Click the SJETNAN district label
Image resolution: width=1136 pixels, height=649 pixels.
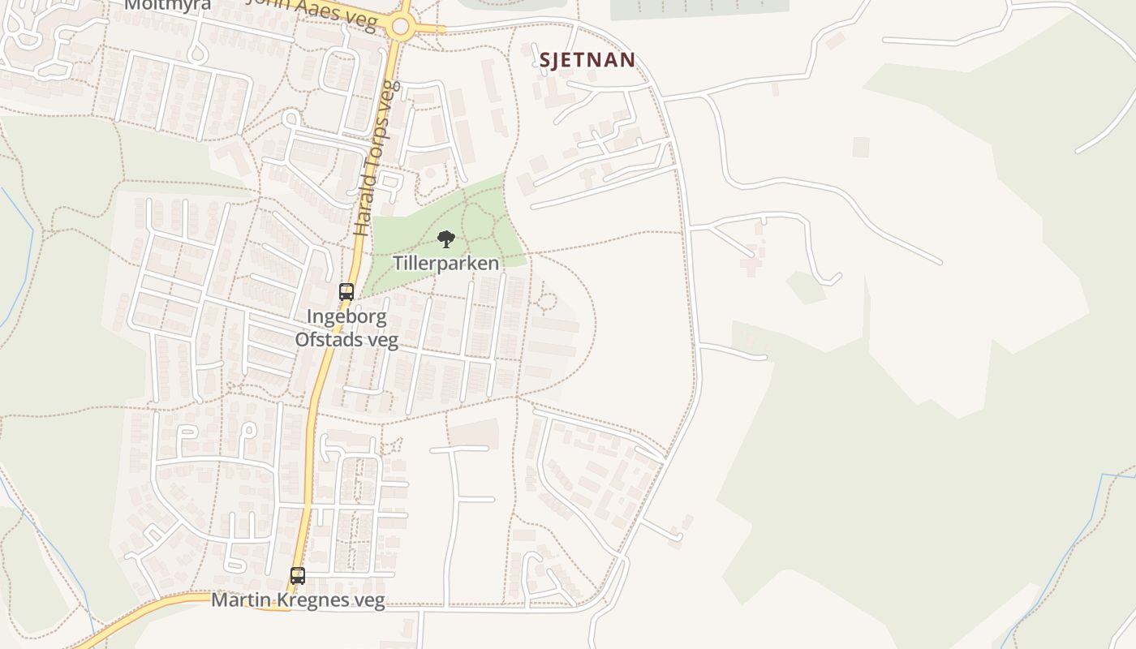[x=587, y=59]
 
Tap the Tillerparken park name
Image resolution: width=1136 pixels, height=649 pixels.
[x=445, y=263]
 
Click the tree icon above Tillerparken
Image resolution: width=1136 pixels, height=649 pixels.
[x=445, y=239]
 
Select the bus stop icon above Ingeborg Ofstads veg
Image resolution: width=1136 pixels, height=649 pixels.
[x=346, y=292]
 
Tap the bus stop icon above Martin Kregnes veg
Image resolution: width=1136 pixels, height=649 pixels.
[x=298, y=576]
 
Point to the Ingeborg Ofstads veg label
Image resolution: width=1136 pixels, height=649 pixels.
[x=346, y=328]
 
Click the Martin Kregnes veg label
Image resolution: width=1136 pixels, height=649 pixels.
[x=298, y=600]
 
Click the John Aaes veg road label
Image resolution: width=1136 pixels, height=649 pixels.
[x=312, y=11]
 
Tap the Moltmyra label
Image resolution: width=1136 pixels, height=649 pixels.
[x=168, y=5]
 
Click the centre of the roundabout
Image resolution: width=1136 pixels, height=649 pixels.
[x=400, y=27]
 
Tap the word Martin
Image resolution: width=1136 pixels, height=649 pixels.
[x=235, y=600]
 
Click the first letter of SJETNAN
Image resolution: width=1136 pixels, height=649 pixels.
[x=545, y=59]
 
